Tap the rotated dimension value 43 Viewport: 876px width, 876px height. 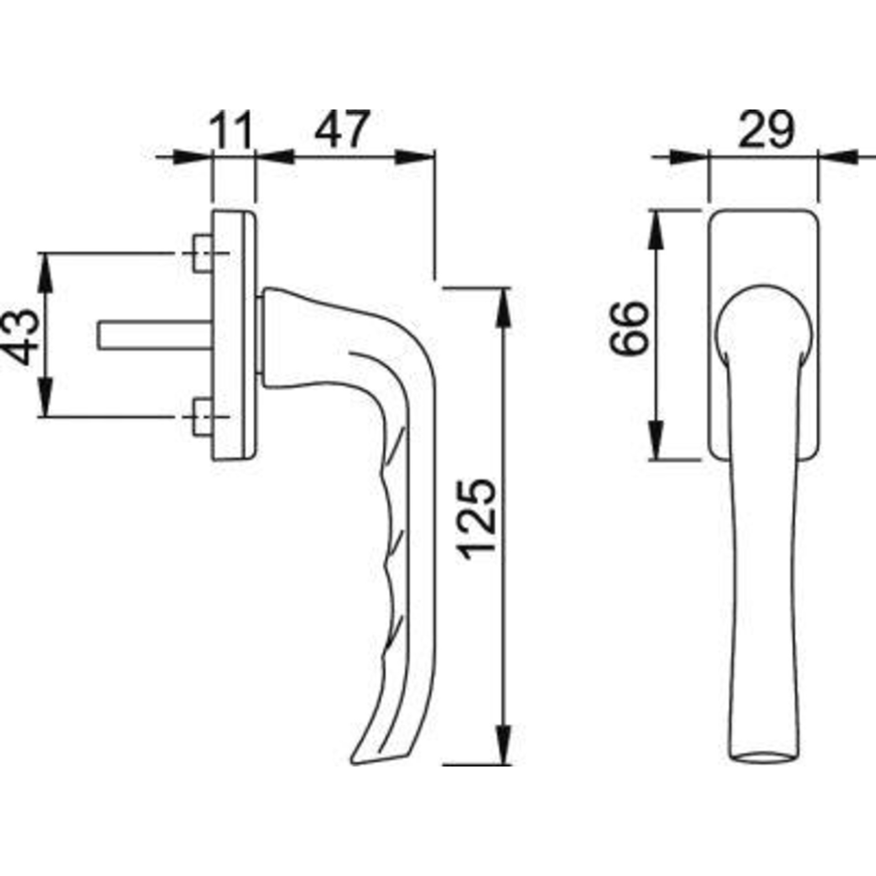(x=20, y=336)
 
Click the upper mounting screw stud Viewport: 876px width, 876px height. (x=202, y=254)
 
